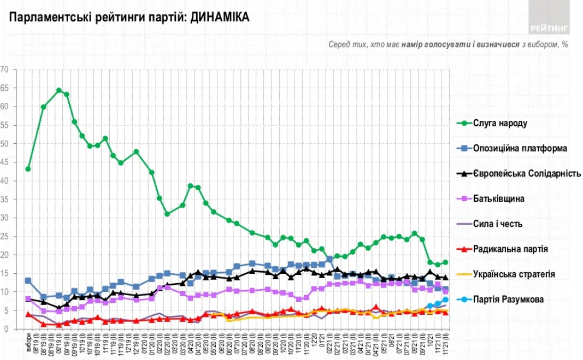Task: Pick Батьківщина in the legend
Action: [498, 199]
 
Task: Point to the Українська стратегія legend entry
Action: [514, 274]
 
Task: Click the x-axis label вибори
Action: [28, 342]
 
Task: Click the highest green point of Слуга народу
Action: [59, 91]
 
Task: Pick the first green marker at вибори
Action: [28, 169]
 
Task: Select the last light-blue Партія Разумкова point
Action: [446, 300]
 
